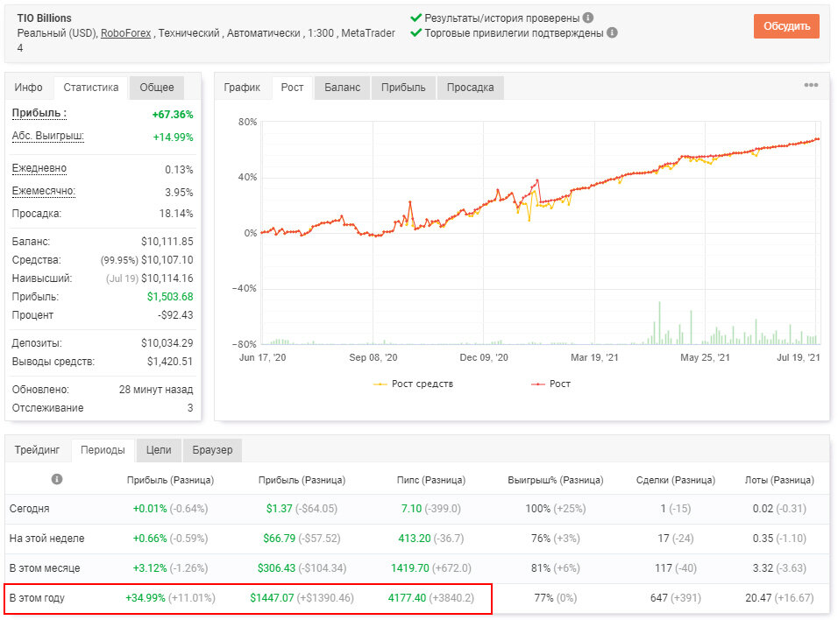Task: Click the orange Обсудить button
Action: click(786, 26)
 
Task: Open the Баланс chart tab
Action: click(342, 88)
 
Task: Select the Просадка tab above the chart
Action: click(470, 88)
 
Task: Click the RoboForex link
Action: click(125, 33)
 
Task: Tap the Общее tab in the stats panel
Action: click(157, 88)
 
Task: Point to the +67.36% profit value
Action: click(173, 115)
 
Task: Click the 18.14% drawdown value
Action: click(176, 214)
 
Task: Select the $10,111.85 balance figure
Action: click(167, 242)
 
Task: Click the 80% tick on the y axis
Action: click(247, 122)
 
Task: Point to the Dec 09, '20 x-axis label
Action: click(484, 357)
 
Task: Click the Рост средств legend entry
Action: click(413, 384)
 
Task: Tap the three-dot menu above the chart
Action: click(811, 85)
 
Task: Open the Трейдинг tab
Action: click(37, 450)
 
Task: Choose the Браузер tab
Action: click(212, 450)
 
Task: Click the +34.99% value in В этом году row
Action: click(146, 598)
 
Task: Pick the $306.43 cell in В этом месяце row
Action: click(276, 568)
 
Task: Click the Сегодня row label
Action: click(30, 509)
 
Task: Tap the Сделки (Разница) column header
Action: click(676, 480)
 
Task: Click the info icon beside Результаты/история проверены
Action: click(588, 18)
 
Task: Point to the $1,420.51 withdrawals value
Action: click(170, 362)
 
